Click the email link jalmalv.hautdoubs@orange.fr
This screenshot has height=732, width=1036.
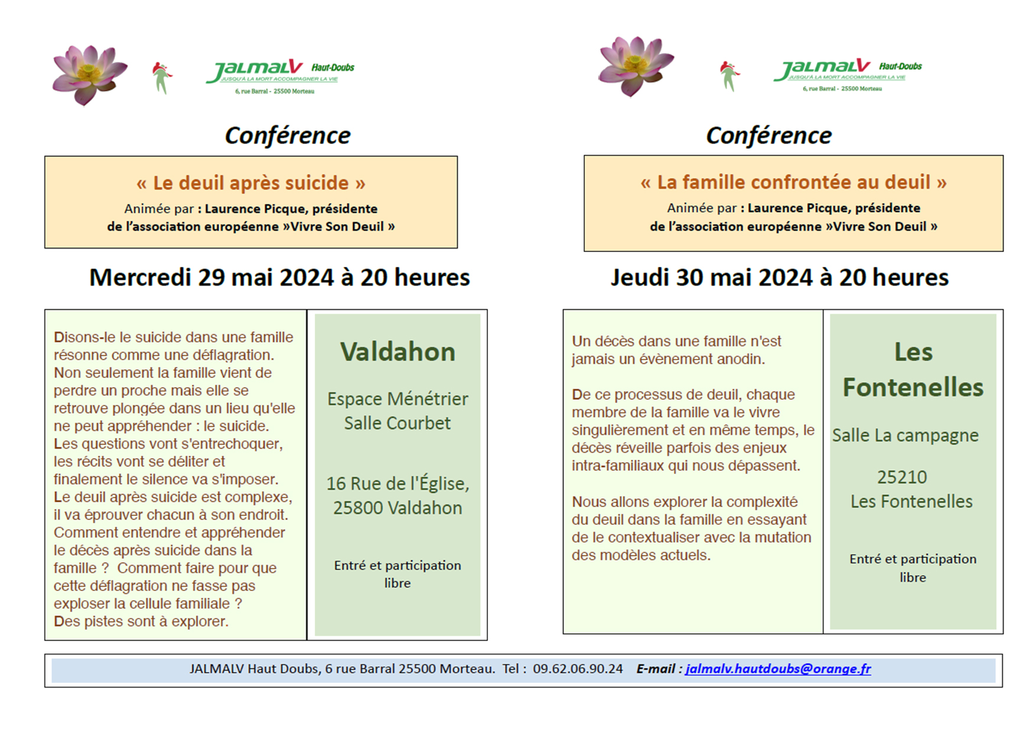click(x=778, y=669)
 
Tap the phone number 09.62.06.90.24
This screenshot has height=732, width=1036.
click(x=577, y=669)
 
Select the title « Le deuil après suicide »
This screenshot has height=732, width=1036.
click(x=250, y=183)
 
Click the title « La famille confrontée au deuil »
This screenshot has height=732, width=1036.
click(x=793, y=182)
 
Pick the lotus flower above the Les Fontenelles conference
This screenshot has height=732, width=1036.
click(x=635, y=66)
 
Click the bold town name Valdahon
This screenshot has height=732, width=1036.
click(x=398, y=352)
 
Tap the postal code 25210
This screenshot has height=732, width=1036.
click(x=901, y=477)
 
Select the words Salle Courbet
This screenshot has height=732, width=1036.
click(x=397, y=423)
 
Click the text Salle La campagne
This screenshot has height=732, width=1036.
click(x=905, y=436)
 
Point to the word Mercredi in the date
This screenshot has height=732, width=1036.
click(x=140, y=277)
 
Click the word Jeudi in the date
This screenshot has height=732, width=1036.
click(x=640, y=277)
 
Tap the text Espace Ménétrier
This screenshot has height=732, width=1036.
click(x=398, y=399)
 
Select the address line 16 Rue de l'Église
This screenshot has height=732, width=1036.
click(x=398, y=484)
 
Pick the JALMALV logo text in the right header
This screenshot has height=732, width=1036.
click(x=822, y=69)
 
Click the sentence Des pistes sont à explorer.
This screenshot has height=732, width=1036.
click(x=141, y=622)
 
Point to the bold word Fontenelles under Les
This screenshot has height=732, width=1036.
click(x=913, y=388)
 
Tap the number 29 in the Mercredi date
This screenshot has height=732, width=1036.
click(x=211, y=277)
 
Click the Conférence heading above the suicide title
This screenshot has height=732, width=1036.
click(x=287, y=136)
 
